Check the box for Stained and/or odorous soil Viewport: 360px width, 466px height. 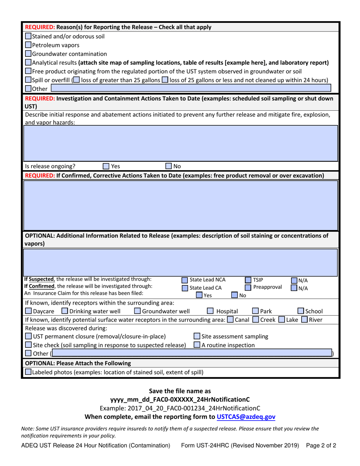click(x=28, y=37)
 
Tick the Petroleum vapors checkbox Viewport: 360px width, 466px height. click(x=28, y=45)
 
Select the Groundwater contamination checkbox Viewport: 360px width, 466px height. click(x=28, y=54)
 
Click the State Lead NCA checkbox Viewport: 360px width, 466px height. click(x=185, y=281)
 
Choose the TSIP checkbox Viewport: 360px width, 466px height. click(x=248, y=280)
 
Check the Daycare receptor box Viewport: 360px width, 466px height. click(x=28, y=311)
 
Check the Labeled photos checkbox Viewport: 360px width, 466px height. click(x=28, y=372)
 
